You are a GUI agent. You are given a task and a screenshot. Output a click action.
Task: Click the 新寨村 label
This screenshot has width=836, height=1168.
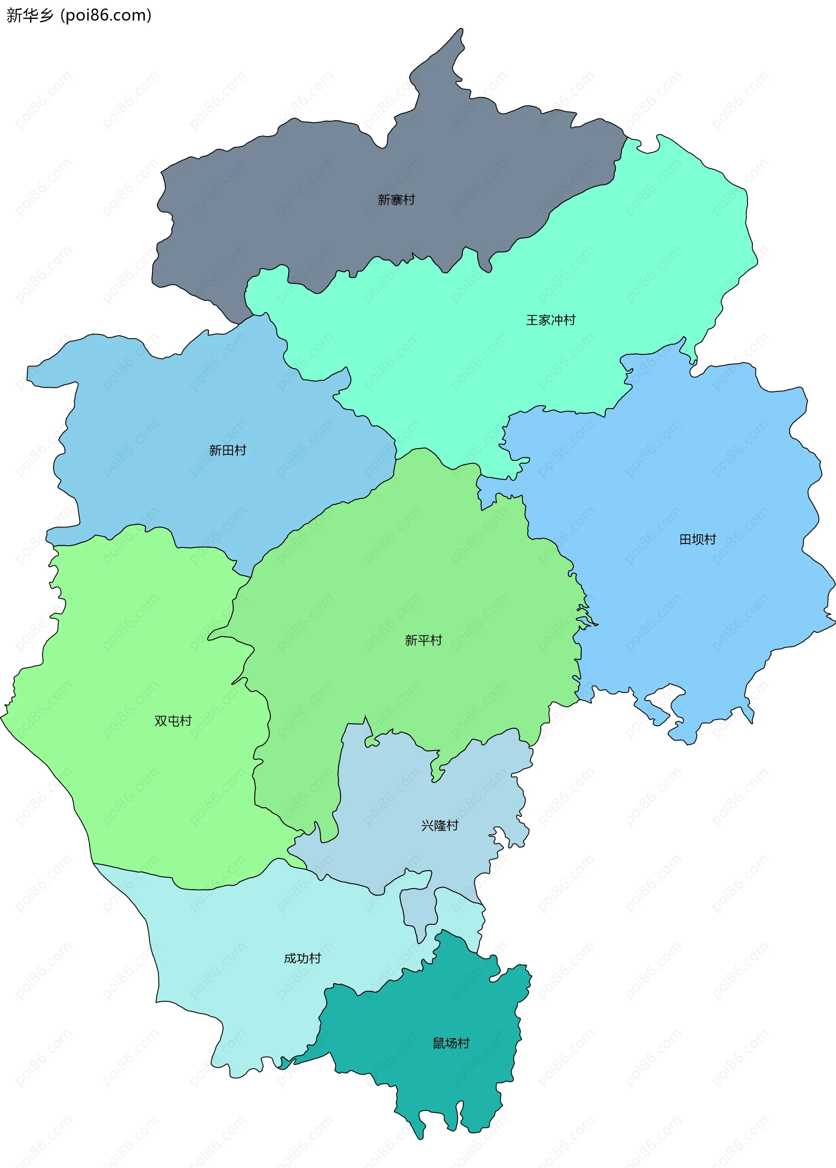pyautogui.click(x=396, y=200)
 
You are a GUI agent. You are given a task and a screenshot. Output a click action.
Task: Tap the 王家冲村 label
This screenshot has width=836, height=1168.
pyautogui.click(x=550, y=320)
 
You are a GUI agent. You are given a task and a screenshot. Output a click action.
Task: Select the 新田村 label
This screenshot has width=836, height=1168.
pyautogui.click(x=228, y=450)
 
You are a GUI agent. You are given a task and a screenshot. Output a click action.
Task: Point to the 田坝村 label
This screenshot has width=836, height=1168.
pyautogui.click(x=698, y=539)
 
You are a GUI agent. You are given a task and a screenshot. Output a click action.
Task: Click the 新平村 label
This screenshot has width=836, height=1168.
pyautogui.click(x=423, y=640)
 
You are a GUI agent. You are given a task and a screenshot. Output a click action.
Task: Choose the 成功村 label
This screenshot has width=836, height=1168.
pyautogui.click(x=302, y=958)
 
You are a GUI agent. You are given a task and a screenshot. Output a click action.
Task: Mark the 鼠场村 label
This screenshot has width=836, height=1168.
pyautogui.click(x=451, y=1043)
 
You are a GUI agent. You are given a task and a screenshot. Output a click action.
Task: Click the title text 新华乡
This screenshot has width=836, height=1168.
pyautogui.click(x=30, y=15)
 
